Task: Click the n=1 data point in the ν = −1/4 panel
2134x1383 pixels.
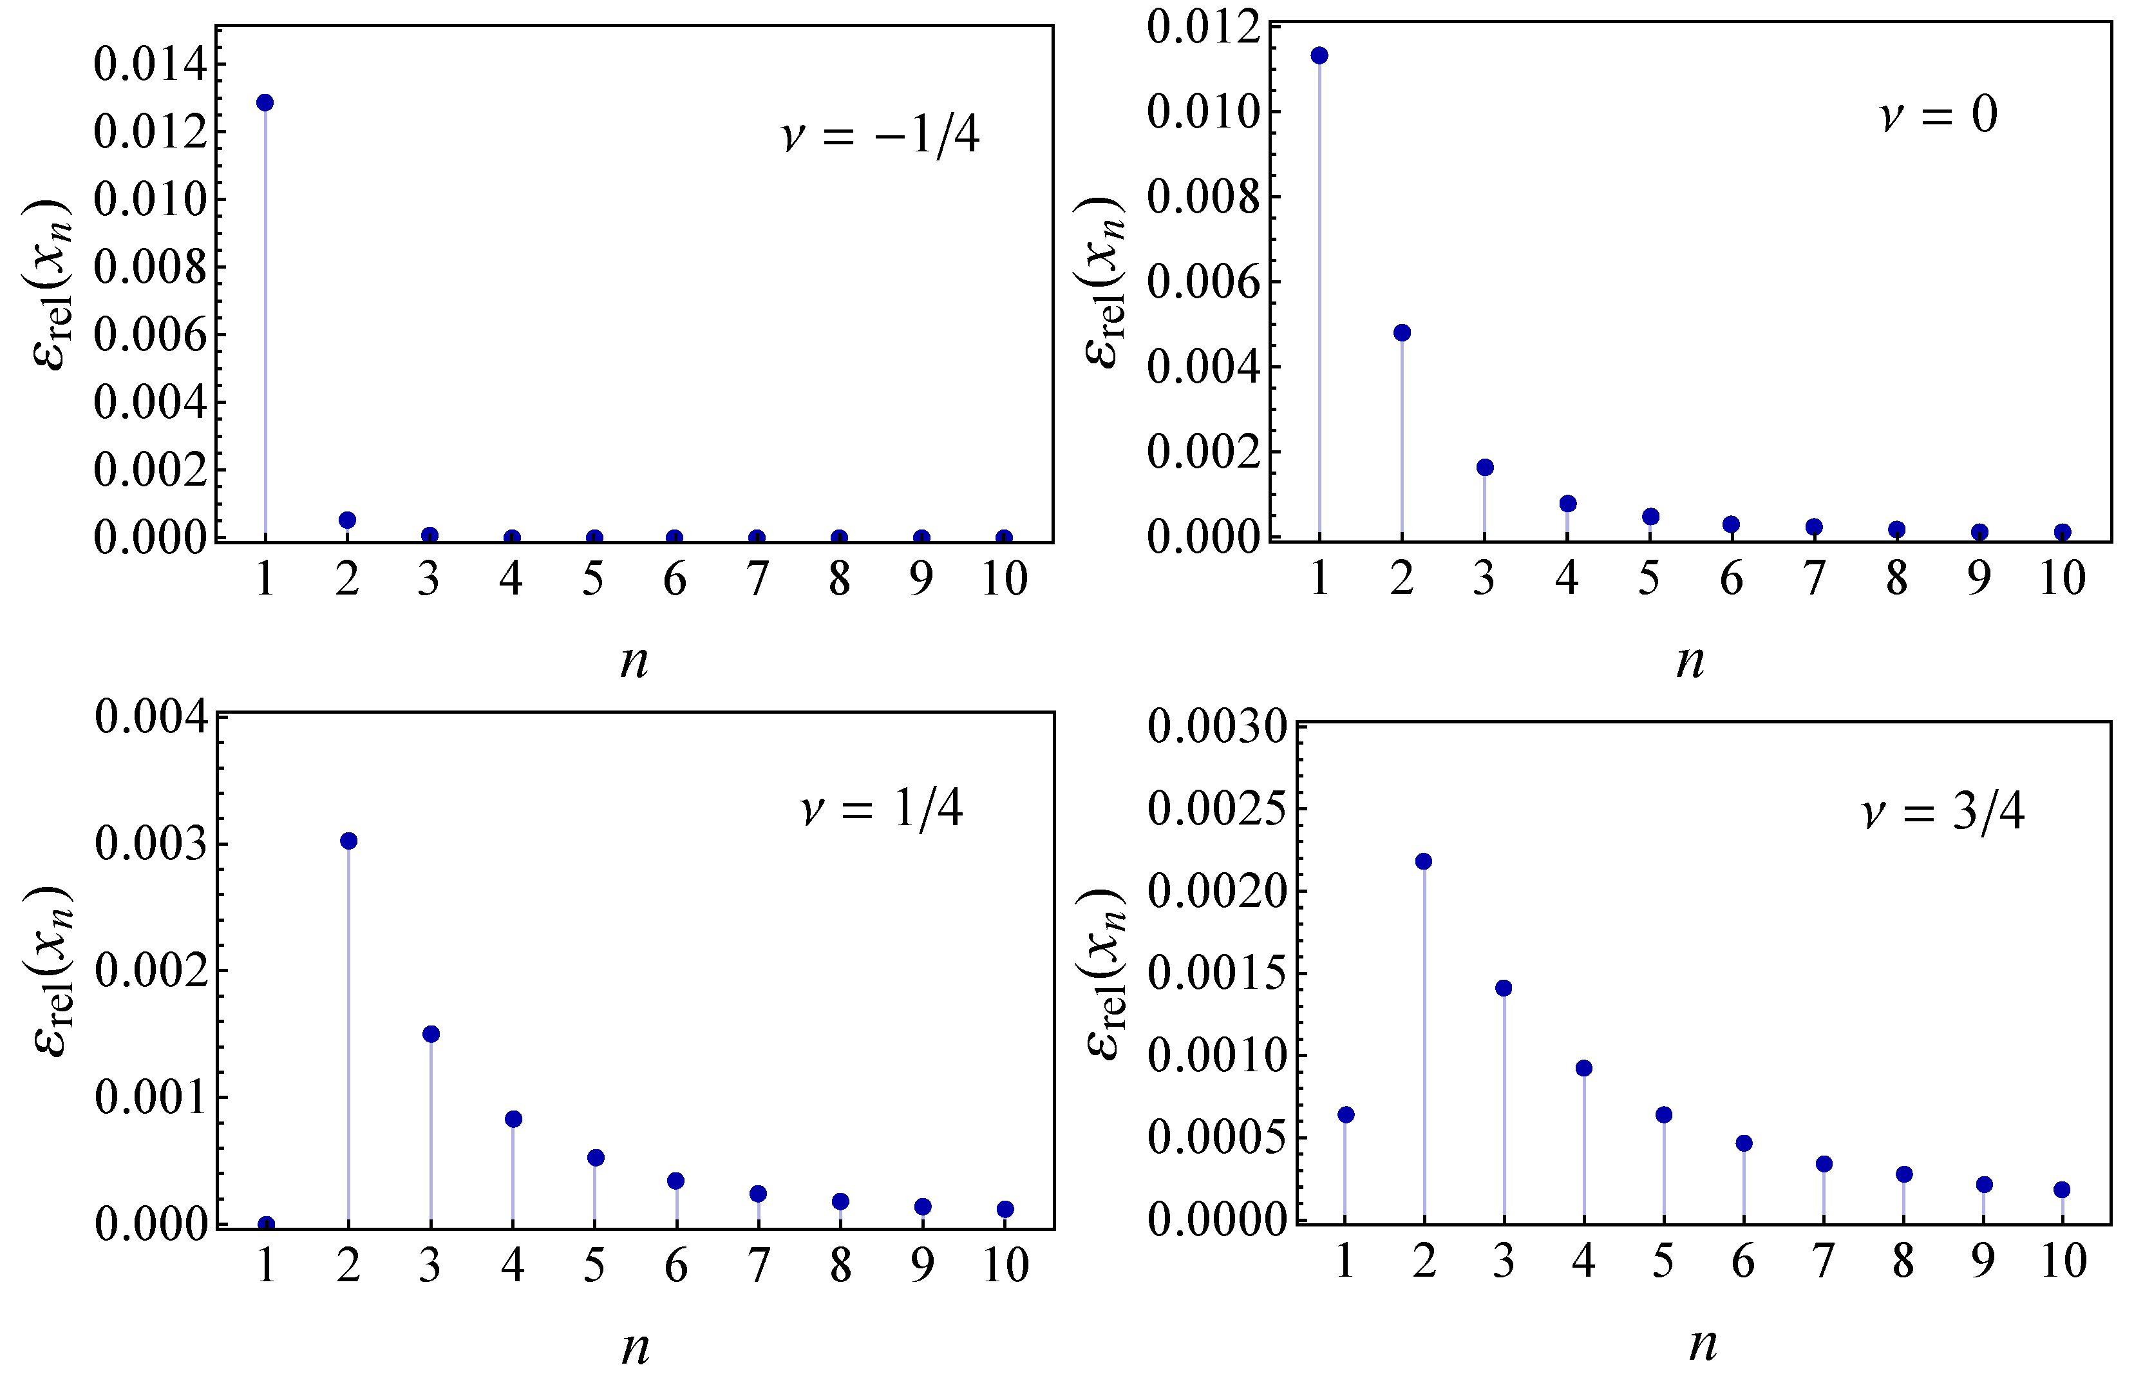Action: (x=265, y=102)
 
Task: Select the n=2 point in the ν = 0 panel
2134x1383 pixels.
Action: (x=1402, y=333)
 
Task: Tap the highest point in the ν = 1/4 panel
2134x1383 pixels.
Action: (x=349, y=841)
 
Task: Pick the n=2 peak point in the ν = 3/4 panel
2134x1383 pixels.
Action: (x=1423, y=861)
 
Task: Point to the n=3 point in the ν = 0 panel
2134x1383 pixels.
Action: (x=1485, y=467)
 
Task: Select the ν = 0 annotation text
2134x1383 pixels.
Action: (x=1938, y=115)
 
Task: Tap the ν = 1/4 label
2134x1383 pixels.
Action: (x=882, y=809)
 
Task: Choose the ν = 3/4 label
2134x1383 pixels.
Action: (x=1943, y=812)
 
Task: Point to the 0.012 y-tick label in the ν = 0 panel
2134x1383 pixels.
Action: (x=1202, y=27)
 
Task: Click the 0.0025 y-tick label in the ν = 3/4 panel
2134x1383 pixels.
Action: (x=1217, y=809)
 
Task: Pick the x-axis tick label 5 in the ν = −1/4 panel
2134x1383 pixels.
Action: (x=592, y=579)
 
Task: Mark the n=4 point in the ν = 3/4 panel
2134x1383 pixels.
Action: (x=1583, y=1068)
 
